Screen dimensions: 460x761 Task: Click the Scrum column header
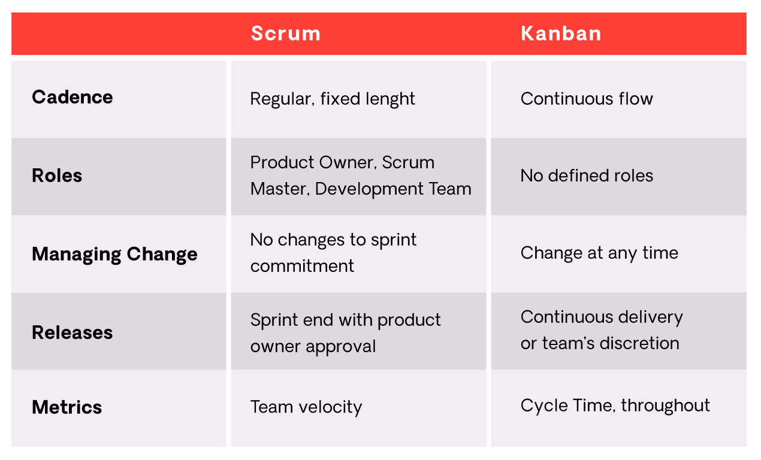tap(285, 34)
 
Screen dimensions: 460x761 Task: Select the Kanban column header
tap(561, 34)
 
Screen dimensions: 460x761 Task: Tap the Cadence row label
tap(72, 97)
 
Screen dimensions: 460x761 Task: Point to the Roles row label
tap(57, 175)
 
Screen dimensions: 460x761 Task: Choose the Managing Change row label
tap(114, 254)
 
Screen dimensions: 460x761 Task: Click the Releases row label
tap(72, 332)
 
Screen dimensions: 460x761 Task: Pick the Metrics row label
tap(67, 407)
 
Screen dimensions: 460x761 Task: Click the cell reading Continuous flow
tap(587, 98)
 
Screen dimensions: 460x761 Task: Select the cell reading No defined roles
tap(587, 175)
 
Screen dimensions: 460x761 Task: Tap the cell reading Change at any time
tap(599, 253)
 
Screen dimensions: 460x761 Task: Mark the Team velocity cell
tap(306, 407)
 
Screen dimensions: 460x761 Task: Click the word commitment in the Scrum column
tap(302, 266)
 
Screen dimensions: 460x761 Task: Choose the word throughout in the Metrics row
tap(665, 405)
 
